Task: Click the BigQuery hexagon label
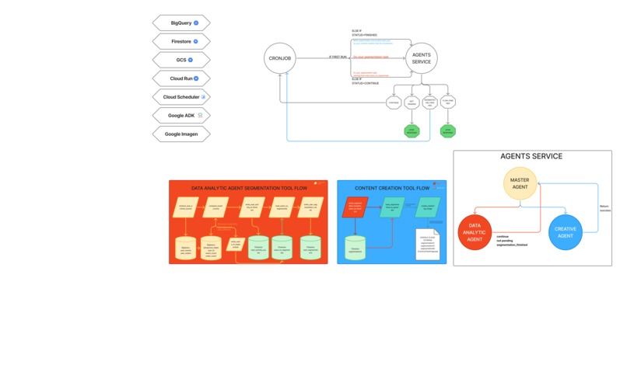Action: [181, 23]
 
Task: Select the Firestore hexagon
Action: [181, 41]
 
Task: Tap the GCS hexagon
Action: [181, 60]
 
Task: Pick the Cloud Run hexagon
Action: [181, 78]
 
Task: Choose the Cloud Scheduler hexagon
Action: [181, 97]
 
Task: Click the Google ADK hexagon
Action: [181, 116]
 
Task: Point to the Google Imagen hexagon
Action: [181, 134]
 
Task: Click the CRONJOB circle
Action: [279, 58]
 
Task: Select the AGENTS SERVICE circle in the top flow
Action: [421, 58]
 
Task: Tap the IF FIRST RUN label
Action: [338, 57]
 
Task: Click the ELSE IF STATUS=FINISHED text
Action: [364, 33]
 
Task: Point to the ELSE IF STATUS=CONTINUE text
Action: [365, 81]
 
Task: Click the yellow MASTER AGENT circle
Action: [520, 183]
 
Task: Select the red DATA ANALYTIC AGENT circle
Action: [475, 232]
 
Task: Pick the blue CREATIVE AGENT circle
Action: [566, 232]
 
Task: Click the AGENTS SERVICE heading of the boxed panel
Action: [531, 157]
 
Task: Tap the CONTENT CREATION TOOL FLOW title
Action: [392, 188]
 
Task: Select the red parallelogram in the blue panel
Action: [355, 207]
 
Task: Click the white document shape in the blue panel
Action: [428, 245]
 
